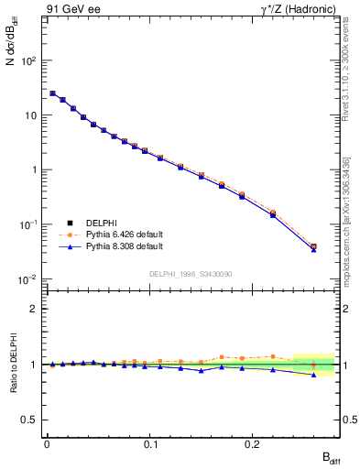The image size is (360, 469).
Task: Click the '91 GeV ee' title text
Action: (72, 8)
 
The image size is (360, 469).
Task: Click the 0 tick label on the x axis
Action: (47, 443)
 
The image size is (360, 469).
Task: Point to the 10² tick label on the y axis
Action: (30, 60)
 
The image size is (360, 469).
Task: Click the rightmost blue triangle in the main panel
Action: (314, 249)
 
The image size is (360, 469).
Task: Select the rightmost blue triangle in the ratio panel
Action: (314, 375)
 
